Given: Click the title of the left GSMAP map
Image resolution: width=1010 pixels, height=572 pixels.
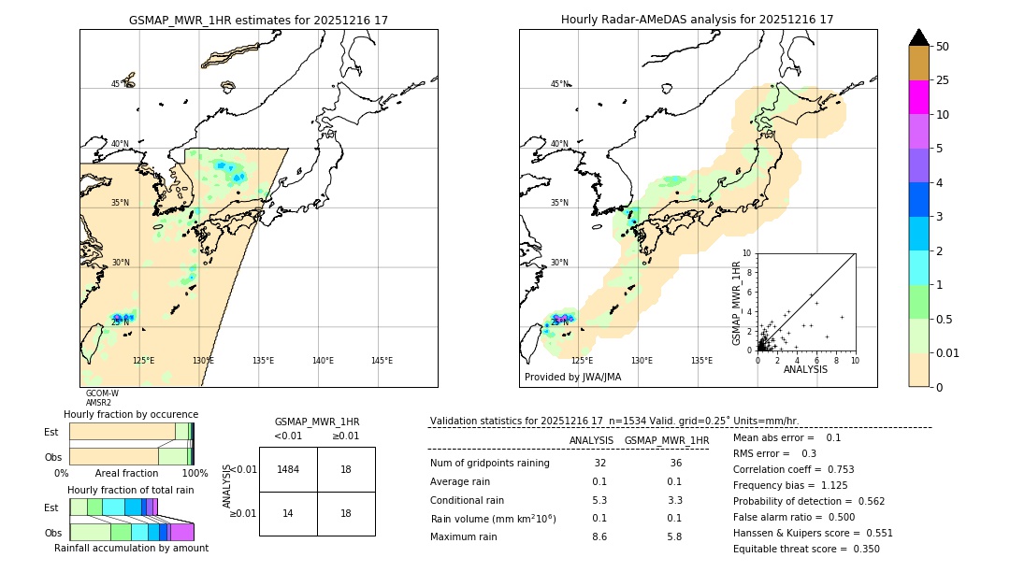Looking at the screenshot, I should [258, 20].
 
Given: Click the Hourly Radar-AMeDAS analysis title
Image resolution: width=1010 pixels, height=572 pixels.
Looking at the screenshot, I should [697, 20].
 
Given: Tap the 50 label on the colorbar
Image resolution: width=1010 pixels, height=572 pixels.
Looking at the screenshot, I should [943, 47].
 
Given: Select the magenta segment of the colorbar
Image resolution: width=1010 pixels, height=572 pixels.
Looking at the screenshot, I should [918, 97].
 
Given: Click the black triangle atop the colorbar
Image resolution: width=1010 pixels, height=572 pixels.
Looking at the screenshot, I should [918, 37].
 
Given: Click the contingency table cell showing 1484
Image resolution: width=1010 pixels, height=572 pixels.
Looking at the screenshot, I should [288, 469].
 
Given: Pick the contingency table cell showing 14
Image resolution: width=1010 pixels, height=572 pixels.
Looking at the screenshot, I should [288, 513].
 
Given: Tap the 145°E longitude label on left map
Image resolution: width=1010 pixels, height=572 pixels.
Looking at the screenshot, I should [382, 361].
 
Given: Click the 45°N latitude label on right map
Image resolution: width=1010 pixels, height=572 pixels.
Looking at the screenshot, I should [559, 84].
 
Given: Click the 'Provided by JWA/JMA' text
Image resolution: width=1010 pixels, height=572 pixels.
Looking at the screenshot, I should [572, 378].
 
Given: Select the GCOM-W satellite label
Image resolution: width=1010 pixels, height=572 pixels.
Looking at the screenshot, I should [102, 393].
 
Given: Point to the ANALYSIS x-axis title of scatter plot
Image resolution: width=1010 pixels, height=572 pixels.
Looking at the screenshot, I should [804, 370].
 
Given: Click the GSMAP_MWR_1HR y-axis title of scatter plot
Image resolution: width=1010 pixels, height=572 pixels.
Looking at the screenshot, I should [736, 303].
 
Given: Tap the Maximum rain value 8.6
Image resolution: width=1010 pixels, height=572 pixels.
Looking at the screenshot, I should [599, 537].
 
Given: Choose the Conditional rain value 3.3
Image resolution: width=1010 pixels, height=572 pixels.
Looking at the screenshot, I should [673, 500].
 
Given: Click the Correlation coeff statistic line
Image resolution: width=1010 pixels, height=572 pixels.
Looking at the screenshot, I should [793, 469].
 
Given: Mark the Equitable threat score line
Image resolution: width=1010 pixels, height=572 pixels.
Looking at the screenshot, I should [806, 549].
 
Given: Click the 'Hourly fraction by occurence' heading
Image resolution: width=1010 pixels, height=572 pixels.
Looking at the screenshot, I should [130, 414].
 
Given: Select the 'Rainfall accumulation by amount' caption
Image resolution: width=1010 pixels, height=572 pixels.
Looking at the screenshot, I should [131, 549].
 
